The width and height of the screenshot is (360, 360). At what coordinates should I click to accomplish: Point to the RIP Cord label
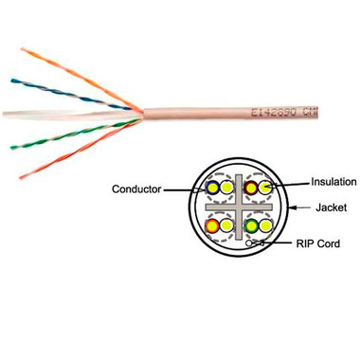click(x=319, y=244)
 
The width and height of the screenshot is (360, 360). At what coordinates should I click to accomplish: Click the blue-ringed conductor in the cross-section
click(x=214, y=189)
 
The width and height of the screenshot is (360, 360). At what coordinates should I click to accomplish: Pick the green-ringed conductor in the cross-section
click(x=251, y=226)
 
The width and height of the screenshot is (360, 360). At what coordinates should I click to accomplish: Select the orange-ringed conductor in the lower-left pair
click(x=214, y=227)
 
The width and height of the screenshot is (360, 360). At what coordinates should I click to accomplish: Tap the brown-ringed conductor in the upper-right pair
click(x=250, y=189)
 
